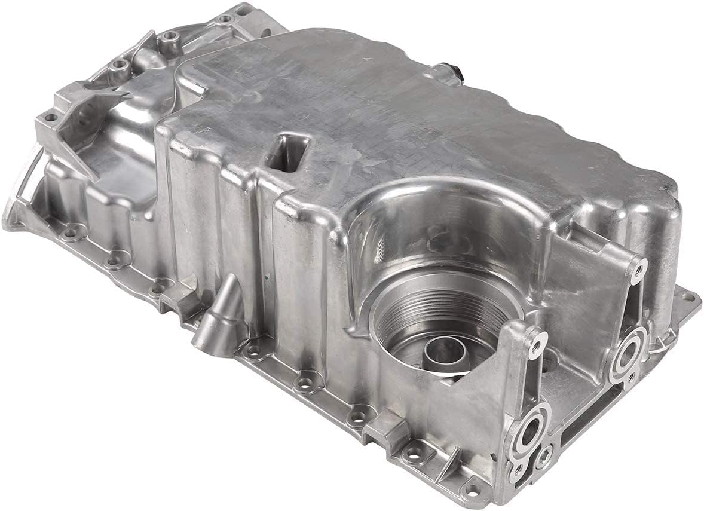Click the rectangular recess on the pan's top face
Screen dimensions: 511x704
288,152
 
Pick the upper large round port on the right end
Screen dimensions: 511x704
628,356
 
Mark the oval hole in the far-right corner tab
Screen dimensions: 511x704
688,297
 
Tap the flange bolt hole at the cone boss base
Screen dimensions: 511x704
253,350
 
